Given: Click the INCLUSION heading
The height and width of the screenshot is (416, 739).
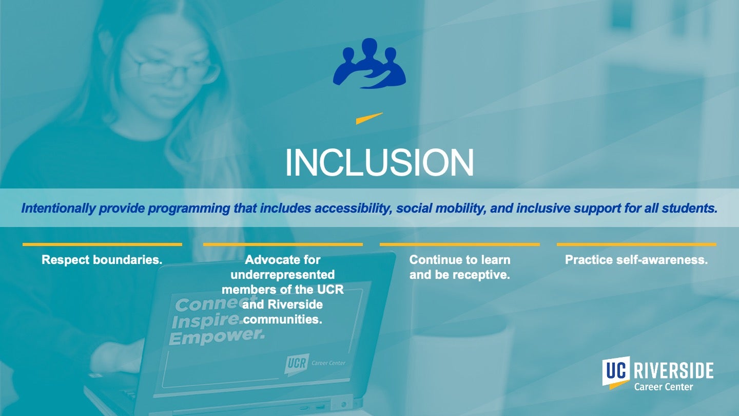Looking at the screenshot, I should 379,163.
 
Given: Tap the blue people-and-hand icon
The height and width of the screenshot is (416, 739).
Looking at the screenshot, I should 369,64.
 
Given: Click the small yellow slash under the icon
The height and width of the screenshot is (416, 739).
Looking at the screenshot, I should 369,118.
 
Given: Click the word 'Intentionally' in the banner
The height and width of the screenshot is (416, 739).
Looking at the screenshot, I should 57,209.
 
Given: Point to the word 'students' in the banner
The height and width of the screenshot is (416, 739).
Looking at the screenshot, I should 693,209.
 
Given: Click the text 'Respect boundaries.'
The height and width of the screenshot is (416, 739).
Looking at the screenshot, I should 102,260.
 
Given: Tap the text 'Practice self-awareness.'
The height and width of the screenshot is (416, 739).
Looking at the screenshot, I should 636,260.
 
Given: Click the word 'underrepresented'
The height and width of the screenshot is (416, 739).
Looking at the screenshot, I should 283,275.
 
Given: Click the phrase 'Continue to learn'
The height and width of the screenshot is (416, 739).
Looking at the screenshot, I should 459,260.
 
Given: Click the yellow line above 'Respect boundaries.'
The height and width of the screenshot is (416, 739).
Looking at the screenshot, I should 102,244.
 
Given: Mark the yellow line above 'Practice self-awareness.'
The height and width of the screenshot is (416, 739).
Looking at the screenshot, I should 636,244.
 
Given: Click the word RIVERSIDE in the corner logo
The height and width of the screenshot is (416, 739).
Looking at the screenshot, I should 673,371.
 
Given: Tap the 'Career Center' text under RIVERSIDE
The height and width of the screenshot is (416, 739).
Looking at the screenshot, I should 663,387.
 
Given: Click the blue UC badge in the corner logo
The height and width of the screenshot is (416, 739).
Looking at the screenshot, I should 616,371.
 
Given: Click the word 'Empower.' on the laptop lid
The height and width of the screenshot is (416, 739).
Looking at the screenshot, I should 216,337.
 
